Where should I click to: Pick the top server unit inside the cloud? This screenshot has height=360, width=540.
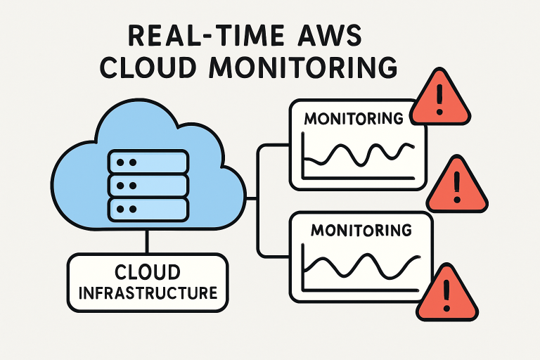tap(148, 162)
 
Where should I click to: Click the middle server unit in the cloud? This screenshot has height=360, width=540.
tap(148, 186)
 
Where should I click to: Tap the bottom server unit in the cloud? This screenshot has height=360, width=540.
tap(148, 209)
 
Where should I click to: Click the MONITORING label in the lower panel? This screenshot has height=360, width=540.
tap(361, 231)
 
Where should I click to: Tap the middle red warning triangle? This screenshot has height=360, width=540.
tap(456, 185)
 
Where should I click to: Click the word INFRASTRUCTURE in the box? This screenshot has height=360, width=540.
tap(148, 292)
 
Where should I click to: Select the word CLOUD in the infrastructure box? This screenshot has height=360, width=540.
tap(148, 271)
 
